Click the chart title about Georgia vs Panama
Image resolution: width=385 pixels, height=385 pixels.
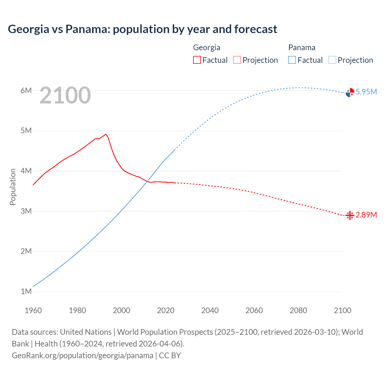pyautogui.click(x=142, y=29)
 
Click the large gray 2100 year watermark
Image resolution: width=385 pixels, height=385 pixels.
pyautogui.click(x=65, y=95)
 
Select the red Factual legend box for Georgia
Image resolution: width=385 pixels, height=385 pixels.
pyautogui.click(x=197, y=60)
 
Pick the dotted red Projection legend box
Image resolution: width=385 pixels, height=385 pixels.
pyautogui.click(x=237, y=60)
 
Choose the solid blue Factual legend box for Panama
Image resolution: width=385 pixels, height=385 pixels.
pyautogui.click(x=292, y=60)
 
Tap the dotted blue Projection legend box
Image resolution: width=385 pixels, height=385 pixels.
pyautogui.click(x=332, y=60)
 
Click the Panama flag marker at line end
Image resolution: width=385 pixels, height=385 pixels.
pyautogui.click(x=350, y=93)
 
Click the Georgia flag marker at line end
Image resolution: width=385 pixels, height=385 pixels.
pyautogui.click(x=350, y=215)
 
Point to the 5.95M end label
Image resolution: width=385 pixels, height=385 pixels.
pyautogui.click(x=366, y=92)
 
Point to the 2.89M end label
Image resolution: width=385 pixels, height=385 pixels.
pyautogui.click(x=366, y=215)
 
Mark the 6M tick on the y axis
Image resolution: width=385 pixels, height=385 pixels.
pyautogui.click(x=26, y=91)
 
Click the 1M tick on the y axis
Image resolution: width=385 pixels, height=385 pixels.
pyautogui.click(x=26, y=291)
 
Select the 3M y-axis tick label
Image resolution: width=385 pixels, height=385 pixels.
pyautogui.click(x=26, y=211)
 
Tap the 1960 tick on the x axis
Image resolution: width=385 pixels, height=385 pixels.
pyautogui.click(x=33, y=310)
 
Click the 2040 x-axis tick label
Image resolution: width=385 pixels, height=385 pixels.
pyautogui.click(x=210, y=310)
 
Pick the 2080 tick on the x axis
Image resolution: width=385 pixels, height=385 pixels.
pyautogui.click(x=298, y=310)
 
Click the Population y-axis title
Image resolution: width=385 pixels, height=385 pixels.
pyautogui.click(x=13, y=187)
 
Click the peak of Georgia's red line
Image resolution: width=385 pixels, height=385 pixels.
pyautogui.click(x=106, y=134)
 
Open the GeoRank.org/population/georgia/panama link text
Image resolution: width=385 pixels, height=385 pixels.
pyautogui.click(x=82, y=356)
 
